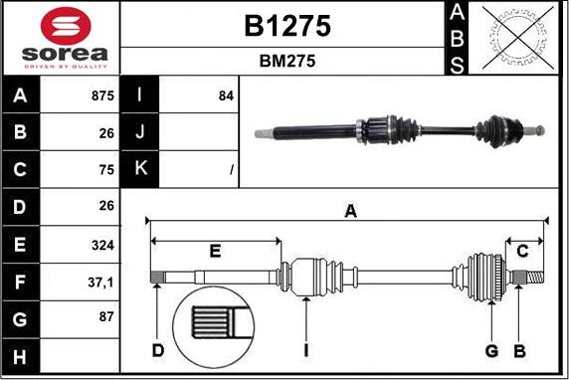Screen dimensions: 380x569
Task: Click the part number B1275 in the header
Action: [286, 26]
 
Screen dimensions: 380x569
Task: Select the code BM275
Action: [286, 61]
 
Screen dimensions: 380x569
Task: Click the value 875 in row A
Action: [98, 96]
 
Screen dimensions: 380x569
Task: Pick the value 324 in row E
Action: [101, 245]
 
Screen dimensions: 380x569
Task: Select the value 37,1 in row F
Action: [100, 283]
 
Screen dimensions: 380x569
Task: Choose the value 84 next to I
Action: [225, 96]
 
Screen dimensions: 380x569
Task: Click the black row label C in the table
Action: [21, 170]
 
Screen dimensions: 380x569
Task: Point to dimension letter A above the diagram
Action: [349, 210]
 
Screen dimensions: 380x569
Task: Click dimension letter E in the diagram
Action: [215, 251]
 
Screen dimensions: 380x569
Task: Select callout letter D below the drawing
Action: [158, 350]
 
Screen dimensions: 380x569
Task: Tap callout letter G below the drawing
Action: [491, 350]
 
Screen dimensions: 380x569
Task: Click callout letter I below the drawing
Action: [307, 350]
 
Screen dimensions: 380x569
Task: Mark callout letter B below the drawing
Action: [517, 350]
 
